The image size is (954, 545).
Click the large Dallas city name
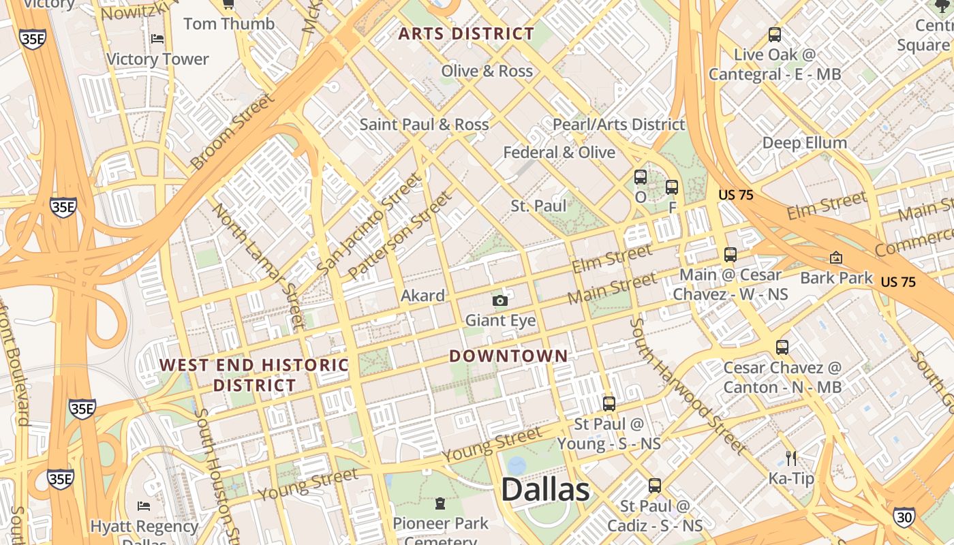tap(545, 490)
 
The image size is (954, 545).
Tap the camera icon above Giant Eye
tap(500, 300)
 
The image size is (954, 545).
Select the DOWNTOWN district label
tap(508, 356)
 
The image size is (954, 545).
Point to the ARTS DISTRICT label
tap(466, 33)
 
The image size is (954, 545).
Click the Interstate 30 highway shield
tap(904, 517)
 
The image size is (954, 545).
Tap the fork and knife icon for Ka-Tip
tap(791, 458)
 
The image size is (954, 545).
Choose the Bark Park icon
tap(836, 258)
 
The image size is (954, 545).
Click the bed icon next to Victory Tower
tap(157, 39)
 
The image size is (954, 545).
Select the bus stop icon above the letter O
tap(641, 177)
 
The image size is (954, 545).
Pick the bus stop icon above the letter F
tap(672, 187)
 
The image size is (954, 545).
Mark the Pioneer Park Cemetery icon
tap(440, 503)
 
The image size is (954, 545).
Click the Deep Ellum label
tap(805, 142)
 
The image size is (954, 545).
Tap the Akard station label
tap(422, 296)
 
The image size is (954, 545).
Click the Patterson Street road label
tap(400, 235)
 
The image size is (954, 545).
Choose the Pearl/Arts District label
tap(618, 125)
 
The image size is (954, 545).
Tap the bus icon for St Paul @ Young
tap(609, 403)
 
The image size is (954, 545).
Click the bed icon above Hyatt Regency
tap(144, 505)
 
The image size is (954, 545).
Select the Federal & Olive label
tap(559, 153)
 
